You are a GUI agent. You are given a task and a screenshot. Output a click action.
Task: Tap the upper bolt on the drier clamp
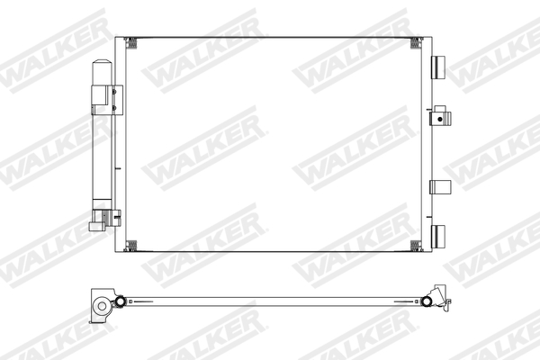(x=116, y=90)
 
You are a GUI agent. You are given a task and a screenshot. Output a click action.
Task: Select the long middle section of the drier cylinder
(x=102, y=144)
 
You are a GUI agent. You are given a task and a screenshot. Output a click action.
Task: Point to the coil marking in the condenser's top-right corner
(x=415, y=42)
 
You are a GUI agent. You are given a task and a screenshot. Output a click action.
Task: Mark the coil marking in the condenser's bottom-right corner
(x=415, y=246)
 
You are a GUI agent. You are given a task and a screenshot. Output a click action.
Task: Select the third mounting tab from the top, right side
(x=439, y=186)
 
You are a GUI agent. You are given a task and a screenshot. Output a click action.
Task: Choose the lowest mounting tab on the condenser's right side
(x=439, y=236)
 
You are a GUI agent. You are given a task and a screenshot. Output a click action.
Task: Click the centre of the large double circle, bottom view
(x=102, y=306)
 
